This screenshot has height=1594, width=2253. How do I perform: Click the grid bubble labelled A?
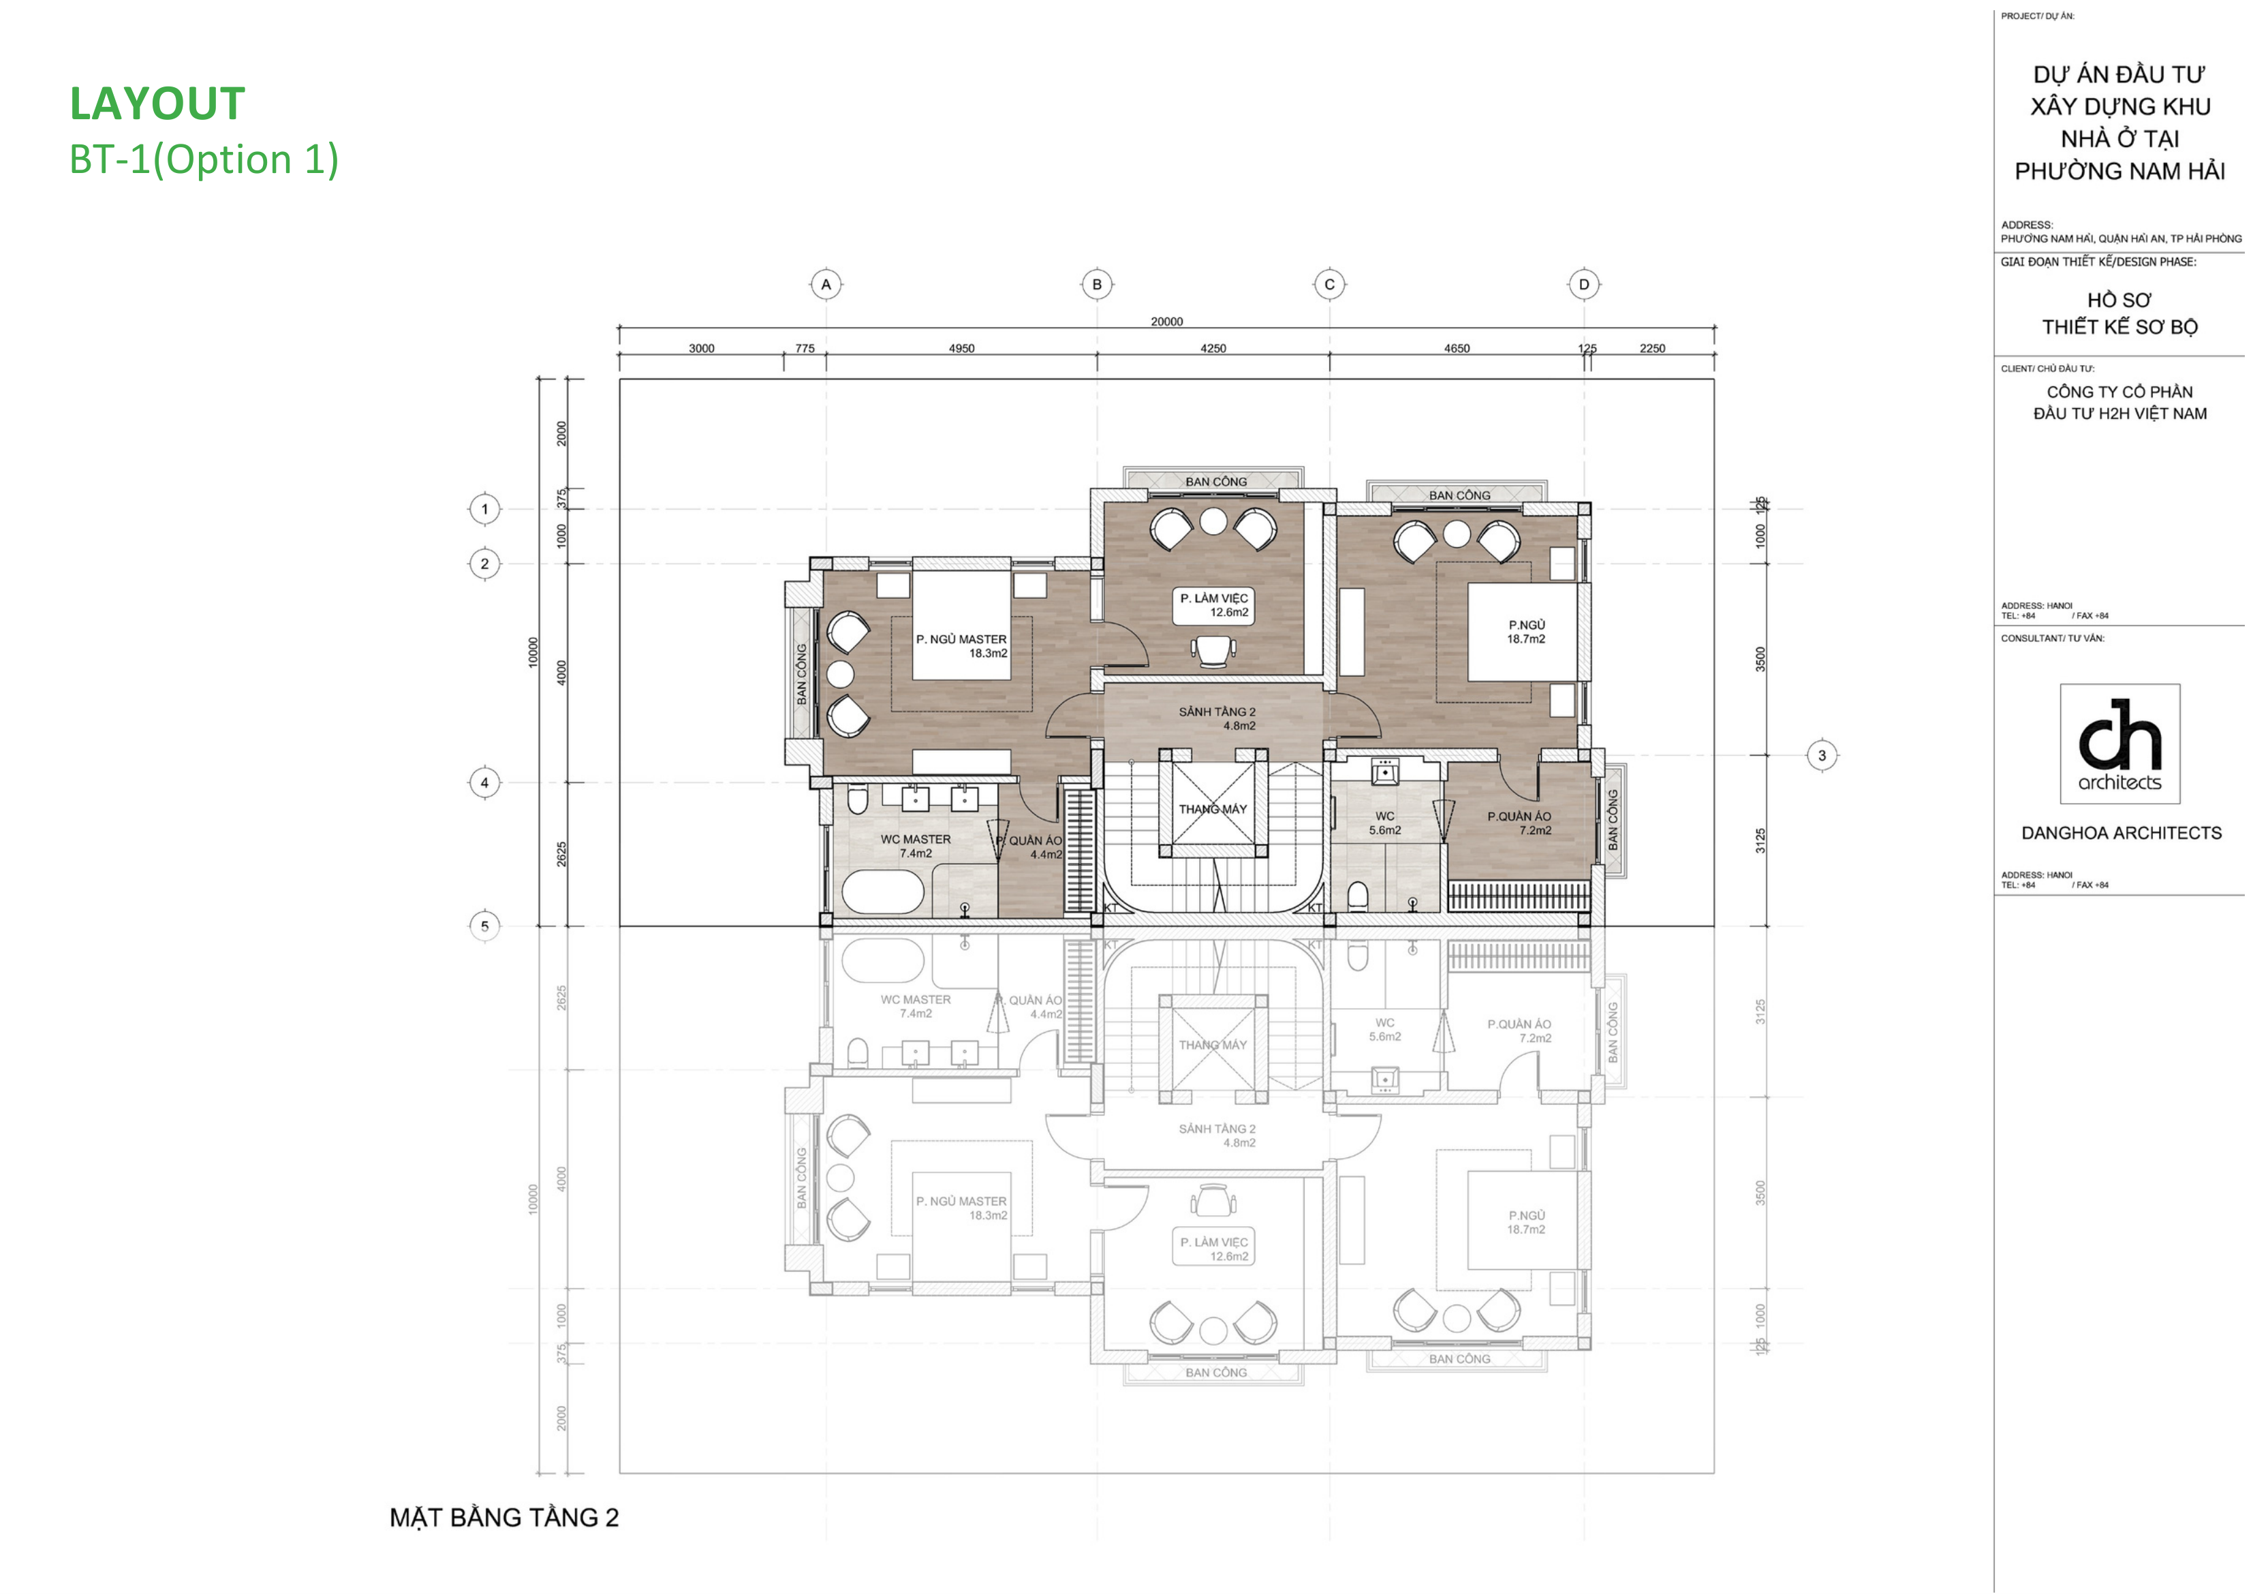[826, 285]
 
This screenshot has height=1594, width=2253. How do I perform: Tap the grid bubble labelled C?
[1329, 285]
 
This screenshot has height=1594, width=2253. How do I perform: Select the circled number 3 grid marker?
[1822, 755]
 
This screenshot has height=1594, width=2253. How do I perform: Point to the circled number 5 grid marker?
[484, 926]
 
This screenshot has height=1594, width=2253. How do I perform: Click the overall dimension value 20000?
[1166, 321]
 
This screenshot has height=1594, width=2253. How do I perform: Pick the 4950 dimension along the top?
[961, 349]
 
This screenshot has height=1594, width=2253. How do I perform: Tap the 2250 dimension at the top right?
[1652, 349]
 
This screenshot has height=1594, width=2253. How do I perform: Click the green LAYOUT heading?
[157, 104]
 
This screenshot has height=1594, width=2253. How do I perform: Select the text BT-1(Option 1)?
[203, 159]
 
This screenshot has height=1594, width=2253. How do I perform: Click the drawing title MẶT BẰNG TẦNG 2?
[503, 1518]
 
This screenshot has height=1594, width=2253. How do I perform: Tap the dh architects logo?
[2119, 743]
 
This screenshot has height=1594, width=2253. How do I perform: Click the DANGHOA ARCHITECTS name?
[2120, 833]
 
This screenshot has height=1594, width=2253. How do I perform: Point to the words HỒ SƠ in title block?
[2119, 299]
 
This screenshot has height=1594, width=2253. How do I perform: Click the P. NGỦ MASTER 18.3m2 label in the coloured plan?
[961, 646]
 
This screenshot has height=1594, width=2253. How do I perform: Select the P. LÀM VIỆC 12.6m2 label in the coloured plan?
[1214, 605]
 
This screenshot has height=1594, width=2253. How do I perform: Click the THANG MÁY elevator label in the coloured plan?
[1213, 809]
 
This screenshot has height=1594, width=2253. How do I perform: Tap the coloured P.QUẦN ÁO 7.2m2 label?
[1519, 822]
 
